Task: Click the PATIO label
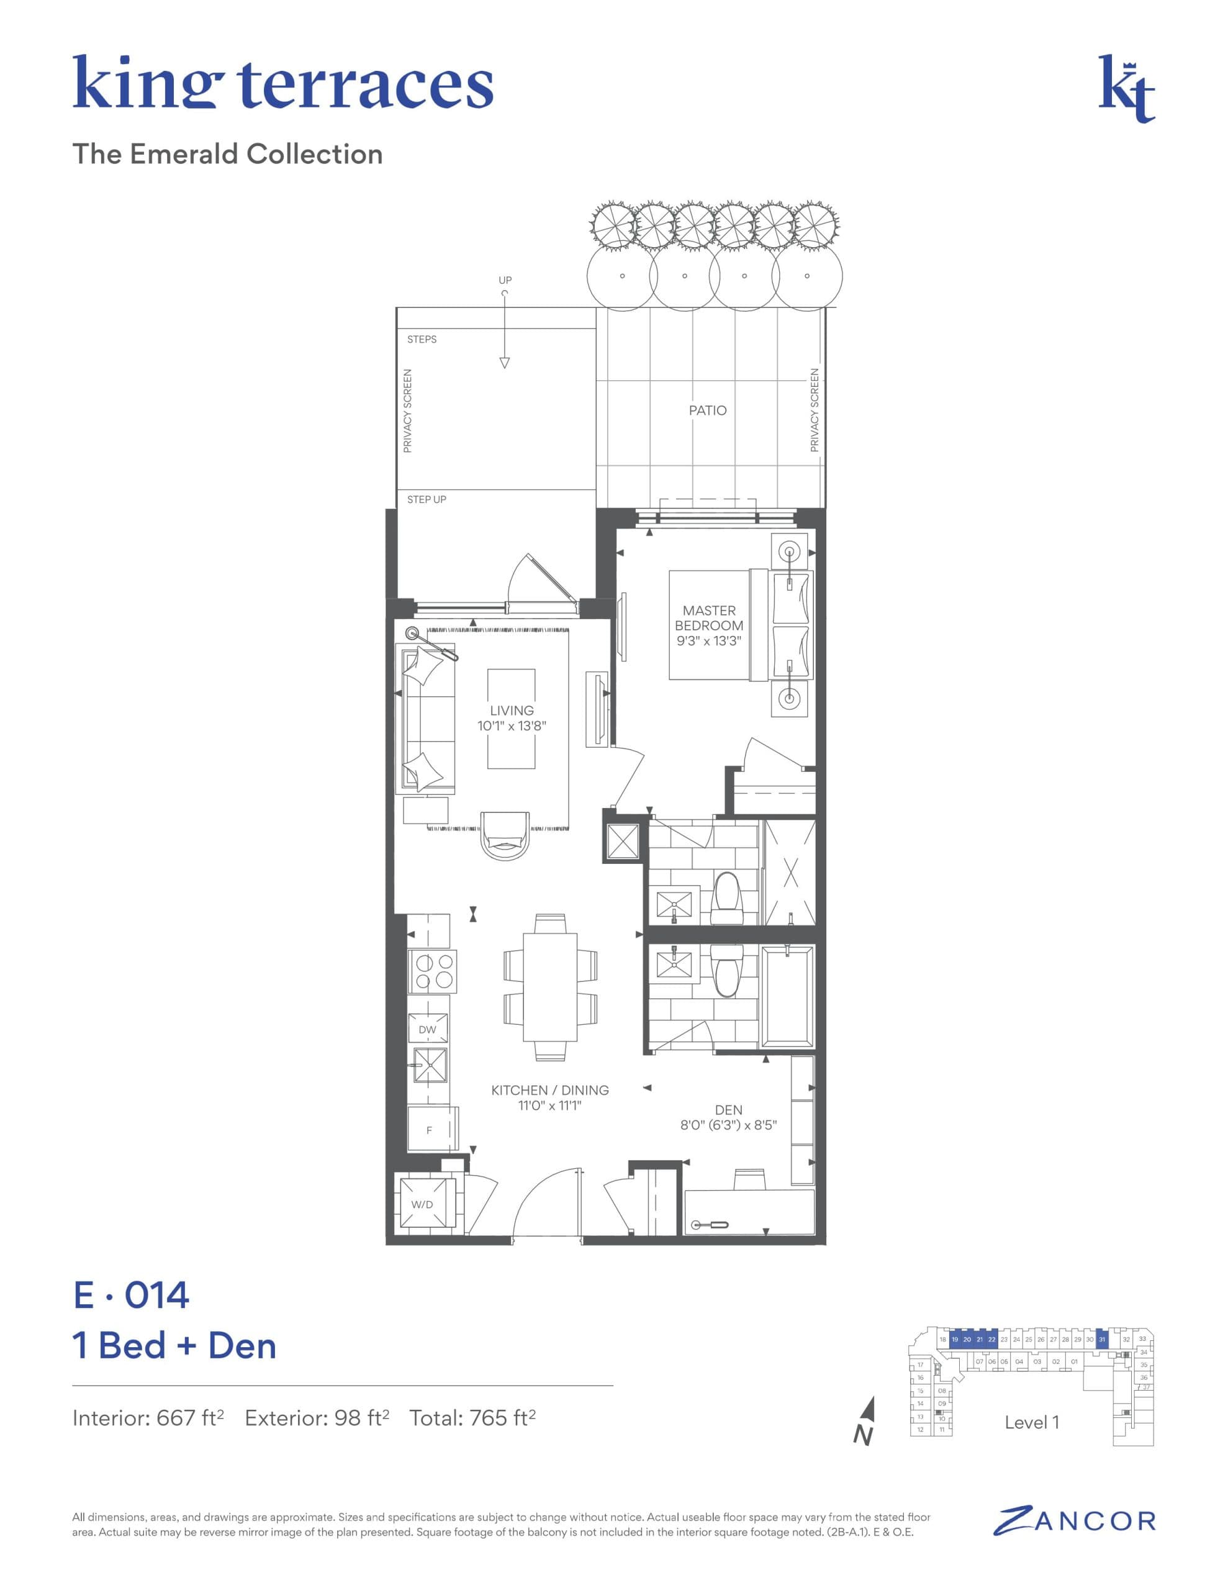click(x=708, y=411)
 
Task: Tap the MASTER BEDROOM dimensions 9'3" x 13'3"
click(x=709, y=641)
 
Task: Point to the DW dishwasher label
click(x=427, y=1029)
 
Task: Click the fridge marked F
click(x=430, y=1130)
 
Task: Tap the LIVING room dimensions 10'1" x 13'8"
click(x=512, y=726)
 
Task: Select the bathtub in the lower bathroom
click(x=788, y=995)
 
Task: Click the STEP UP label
click(x=427, y=499)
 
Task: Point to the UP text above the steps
click(x=505, y=280)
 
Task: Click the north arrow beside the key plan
click(x=864, y=1421)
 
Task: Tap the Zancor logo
click(x=1075, y=1521)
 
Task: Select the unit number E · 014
click(x=132, y=1295)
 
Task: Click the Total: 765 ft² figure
click(x=472, y=1418)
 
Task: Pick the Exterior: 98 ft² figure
click(x=317, y=1418)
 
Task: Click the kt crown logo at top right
click(x=1126, y=89)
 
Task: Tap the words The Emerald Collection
click(x=228, y=154)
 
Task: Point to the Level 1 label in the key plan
click(x=1031, y=1422)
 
